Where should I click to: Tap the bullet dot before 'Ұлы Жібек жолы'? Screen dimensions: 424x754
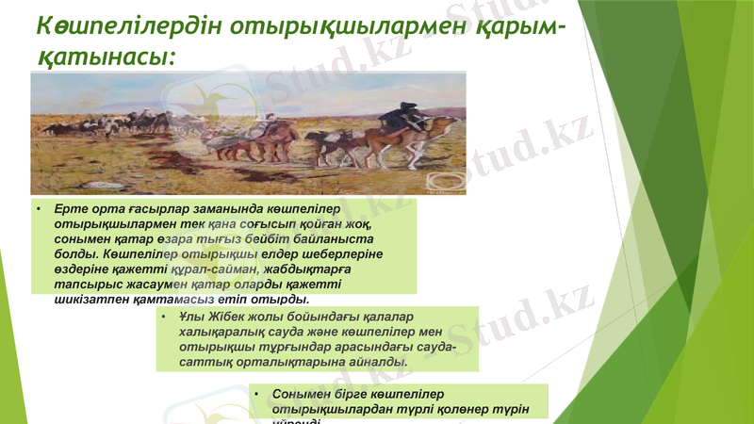pyautogui.click(x=164, y=318)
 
